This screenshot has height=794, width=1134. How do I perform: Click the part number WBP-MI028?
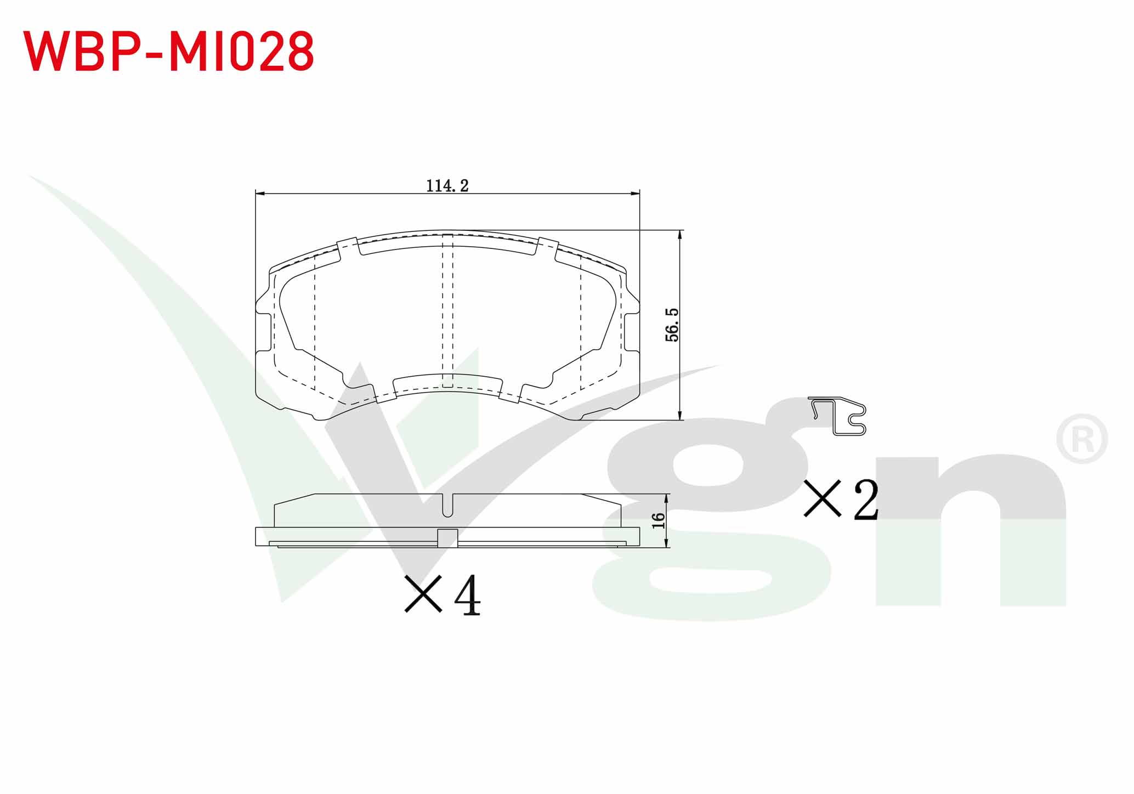168,51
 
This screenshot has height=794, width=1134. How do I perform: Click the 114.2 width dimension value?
447,186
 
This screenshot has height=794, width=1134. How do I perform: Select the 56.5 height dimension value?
672,325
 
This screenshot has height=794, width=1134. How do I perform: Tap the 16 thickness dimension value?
659,520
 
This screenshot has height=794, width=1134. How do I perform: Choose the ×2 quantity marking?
841,499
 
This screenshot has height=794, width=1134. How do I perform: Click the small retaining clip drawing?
837,416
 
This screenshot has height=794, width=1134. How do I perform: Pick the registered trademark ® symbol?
1082,439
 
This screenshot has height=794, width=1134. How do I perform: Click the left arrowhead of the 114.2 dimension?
260,194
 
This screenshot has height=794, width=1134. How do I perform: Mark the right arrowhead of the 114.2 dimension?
635,194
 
